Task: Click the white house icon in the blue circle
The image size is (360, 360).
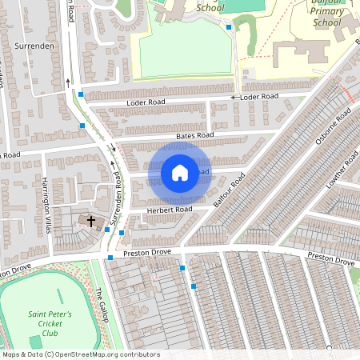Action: pyautogui.click(x=180, y=173)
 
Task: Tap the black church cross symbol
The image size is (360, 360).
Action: pyautogui.click(x=90, y=221)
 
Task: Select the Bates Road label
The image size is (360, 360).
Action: pyautogui.click(x=195, y=137)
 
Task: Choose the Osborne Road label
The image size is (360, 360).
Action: pyautogui.click(x=332, y=128)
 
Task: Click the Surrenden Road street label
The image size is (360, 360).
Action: pyautogui.click(x=117, y=202)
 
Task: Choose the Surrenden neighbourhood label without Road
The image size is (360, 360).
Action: pyautogui.click(x=34, y=46)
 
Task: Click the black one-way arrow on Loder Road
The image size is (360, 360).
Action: pyautogui.click(x=234, y=98)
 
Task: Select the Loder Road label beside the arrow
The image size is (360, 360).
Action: pyautogui.click(x=258, y=97)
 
